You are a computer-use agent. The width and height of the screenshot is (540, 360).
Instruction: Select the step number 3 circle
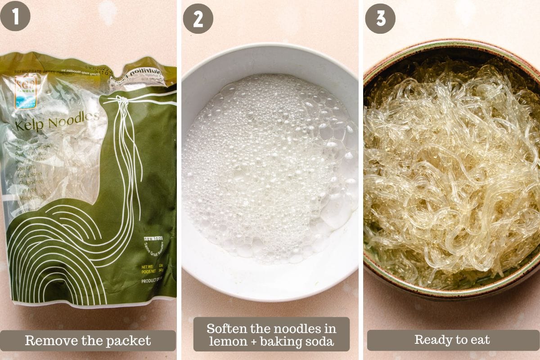pyautogui.click(x=380, y=18)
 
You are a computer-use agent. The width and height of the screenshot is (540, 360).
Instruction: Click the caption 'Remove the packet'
pyautogui.click(x=88, y=341)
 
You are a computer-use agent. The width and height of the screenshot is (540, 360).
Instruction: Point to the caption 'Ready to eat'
pyautogui.click(x=453, y=340)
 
